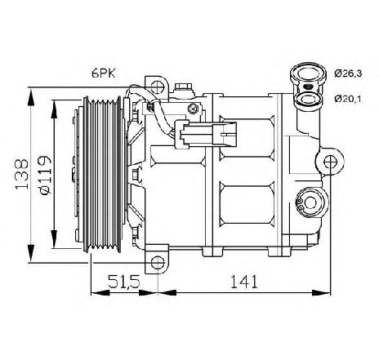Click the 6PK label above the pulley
[104, 73]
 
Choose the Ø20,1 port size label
[347, 99]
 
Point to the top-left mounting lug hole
[154, 84]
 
